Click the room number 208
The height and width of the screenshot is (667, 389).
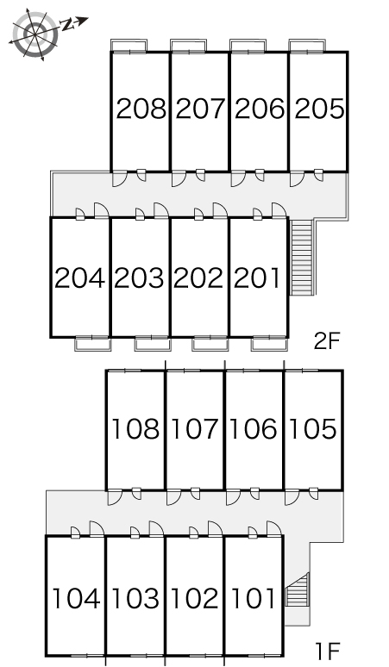pyautogui.click(x=141, y=109)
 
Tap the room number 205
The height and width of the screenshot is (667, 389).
pyautogui.click(x=319, y=109)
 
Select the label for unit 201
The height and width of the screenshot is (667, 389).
pyautogui.click(x=257, y=278)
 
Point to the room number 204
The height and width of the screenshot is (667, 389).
pyautogui.click(x=79, y=278)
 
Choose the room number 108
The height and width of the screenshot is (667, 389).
pyautogui.click(x=135, y=428)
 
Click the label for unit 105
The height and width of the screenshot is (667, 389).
pyautogui.click(x=313, y=428)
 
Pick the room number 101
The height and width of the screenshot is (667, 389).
pyautogui.click(x=254, y=598)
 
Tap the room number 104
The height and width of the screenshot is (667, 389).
pyautogui.click(x=76, y=598)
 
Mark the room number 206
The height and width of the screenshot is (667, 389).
pyautogui.click(x=260, y=109)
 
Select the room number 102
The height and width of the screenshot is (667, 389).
pyautogui.click(x=195, y=598)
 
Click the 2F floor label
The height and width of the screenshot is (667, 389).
pyautogui.click(x=327, y=340)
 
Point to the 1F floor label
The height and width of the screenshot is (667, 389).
pyautogui.click(x=327, y=650)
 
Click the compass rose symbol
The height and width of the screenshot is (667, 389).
pyautogui.click(x=35, y=34)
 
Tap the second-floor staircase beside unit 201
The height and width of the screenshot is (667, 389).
pyautogui.click(x=302, y=257)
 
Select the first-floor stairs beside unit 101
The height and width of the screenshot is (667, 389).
pyautogui.click(x=297, y=589)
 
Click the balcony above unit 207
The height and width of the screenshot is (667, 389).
pyautogui.click(x=189, y=46)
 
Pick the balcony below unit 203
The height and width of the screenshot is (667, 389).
pyautogui.click(x=153, y=344)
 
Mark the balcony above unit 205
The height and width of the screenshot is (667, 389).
pyautogui.click(x=307, y=46)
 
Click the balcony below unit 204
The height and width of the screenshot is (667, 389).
pyautogui.click(x=93, y=344)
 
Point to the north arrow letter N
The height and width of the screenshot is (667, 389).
pyautogui.click(x=66, y=25)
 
